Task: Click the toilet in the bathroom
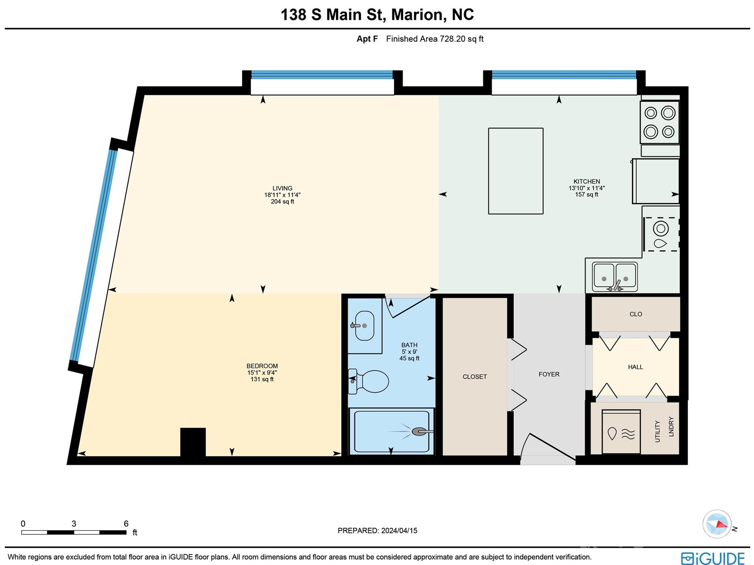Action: pyautogui.click(x=373, y=381)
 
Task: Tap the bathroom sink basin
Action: pyautogui.click(x=364, y=326)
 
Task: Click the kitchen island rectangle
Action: pyautogui.click(x=515, y=171)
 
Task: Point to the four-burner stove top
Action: pyautogui.click(x=659, y=122)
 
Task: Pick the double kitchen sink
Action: pyautogui.click(x=614, y=277)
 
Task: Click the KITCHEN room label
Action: pyautogui.click(x=586, y=181)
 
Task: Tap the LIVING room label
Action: pyautogui.click(x=282, y=188)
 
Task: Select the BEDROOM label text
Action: pyautogui.click(x=262, y=366)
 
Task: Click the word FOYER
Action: pyautogui.click(x=549, y=374)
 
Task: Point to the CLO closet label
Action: pyautogui.click(x=635, y=314)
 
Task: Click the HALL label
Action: pyautogui.click(x=635, y=367)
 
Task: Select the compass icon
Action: pyautogui.click(x=716, y=524)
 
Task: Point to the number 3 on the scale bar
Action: pyautogui.click(x=74, y=524)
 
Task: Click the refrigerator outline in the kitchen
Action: pyautogui.click(x=656, y=181)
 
